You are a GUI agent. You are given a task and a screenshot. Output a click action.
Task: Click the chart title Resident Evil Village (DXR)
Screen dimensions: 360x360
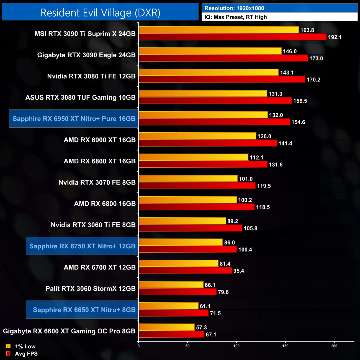coord(100,13)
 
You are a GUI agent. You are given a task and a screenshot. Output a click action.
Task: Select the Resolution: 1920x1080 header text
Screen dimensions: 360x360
coord(234,8)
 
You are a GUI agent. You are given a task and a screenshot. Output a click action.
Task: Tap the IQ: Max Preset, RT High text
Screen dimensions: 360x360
coord(236,17)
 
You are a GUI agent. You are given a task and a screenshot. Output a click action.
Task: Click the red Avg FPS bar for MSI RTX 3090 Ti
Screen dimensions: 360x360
coord(232,37)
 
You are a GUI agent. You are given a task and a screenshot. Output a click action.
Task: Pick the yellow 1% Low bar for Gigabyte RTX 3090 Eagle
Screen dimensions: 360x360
coord(210,51)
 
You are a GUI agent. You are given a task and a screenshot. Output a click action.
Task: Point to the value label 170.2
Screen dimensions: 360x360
coord(313,80)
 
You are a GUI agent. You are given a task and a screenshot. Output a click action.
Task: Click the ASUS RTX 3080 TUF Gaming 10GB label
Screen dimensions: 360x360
coord(81,97)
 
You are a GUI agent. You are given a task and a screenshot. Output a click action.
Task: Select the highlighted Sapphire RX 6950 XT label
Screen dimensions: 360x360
coord(74,119)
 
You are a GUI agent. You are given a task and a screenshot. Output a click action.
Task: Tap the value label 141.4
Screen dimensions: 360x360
coord(285,143)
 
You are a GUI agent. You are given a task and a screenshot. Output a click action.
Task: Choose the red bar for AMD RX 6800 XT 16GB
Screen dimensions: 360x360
coord(203,164)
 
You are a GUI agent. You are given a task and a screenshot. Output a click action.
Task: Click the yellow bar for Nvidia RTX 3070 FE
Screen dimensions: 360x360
coord(188,179)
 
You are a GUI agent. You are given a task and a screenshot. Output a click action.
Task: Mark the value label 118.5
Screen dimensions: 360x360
coord(263,207)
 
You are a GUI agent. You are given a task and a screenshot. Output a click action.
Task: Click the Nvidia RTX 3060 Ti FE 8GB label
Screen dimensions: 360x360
coord(93,225)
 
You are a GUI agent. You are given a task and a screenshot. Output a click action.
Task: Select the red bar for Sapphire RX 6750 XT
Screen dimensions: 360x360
coord(188,250)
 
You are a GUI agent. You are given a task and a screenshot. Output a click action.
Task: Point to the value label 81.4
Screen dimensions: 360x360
coord(225,264)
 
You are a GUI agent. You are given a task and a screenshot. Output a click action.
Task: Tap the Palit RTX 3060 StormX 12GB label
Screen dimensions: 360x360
coord(91,289)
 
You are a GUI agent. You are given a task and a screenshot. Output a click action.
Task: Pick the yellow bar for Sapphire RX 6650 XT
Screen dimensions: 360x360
coord(168,306)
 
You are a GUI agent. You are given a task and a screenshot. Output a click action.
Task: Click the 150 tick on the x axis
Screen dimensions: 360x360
coord(285,346)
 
